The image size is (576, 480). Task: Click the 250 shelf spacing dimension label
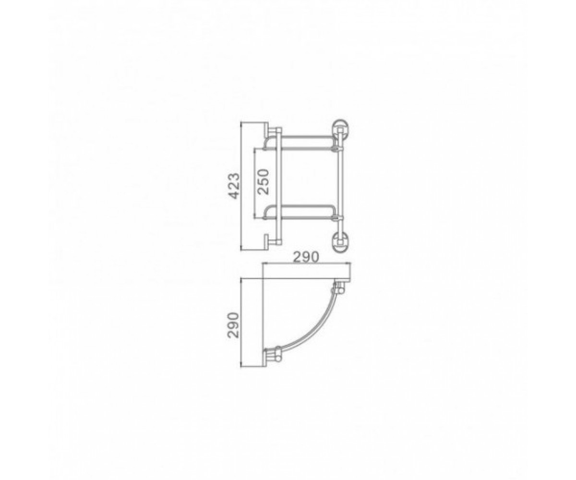tap(263, 182)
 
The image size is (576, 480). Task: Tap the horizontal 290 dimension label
tap(306, 257)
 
